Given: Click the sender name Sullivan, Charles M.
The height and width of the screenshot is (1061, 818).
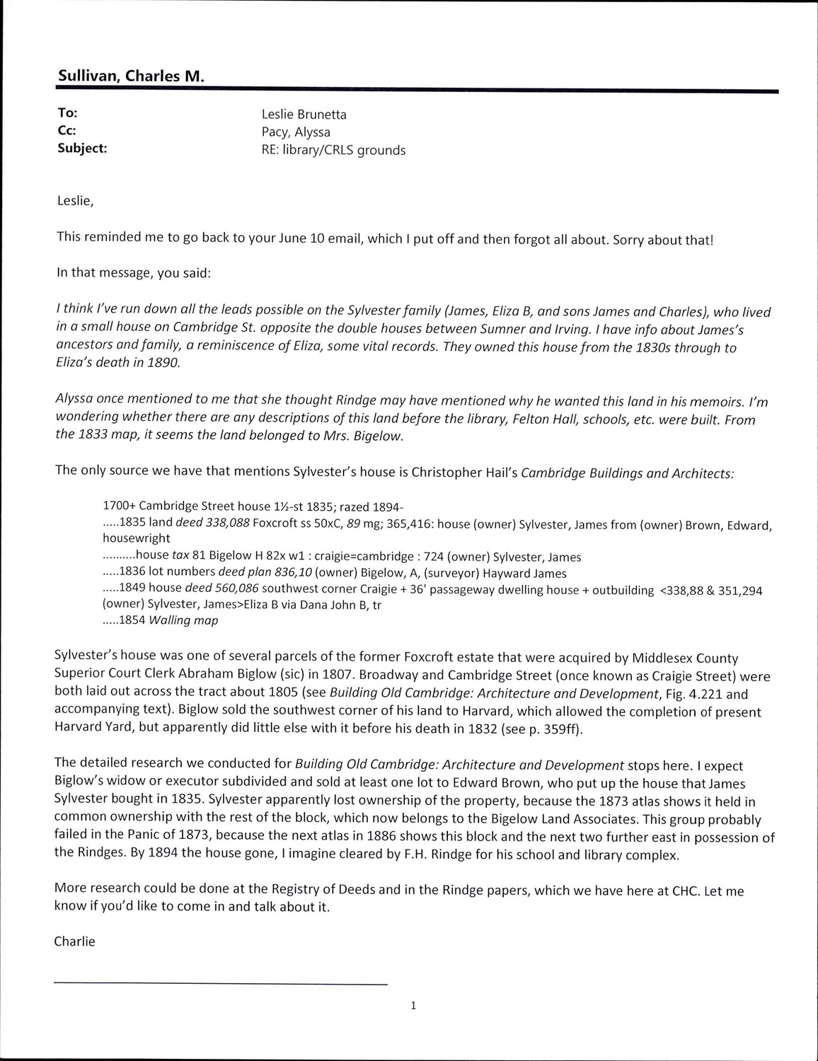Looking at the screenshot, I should pyautogui.click(x=131, y=76).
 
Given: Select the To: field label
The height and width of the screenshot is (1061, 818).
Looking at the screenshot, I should pyautogui.click(x=67, y=113).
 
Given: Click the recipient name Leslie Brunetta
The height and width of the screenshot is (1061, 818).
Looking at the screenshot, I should pyautogui.click(x=304, y=115).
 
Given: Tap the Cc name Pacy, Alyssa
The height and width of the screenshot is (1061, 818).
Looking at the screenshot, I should pyautogui.click(x=296, y=132).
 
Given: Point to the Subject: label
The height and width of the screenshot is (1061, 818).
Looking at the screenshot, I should pyautogui.click(x=81, y=149).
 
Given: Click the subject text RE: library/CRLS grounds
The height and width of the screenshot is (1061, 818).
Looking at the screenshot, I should pyautogui.click(x=333, y=150).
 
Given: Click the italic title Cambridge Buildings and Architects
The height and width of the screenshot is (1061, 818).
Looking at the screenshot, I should pyautogui.click(x=627, y=474).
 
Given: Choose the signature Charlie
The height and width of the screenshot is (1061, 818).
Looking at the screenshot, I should pyautogui.click(x=74, y=941).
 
